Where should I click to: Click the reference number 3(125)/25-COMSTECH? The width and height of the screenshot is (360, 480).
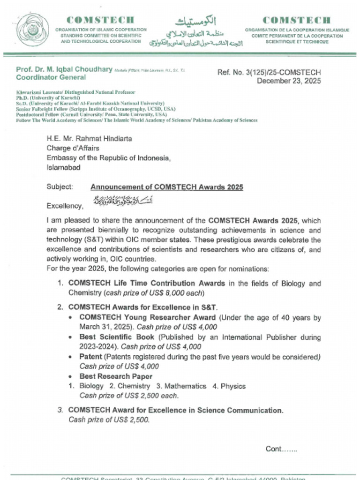click(x=269, y=72)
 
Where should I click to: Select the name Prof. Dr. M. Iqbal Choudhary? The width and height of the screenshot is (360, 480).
click(x=64, y=69)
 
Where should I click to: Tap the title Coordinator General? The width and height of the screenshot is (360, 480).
click(x=51, y=77)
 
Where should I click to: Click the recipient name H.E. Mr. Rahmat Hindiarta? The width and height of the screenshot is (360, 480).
click(x=89, y=138)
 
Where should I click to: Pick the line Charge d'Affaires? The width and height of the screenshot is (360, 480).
click(x=73, y=148)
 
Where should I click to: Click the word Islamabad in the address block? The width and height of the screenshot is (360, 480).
click(x=63, y=168)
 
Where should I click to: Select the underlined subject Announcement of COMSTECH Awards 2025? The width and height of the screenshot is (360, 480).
click(x=166, y=187)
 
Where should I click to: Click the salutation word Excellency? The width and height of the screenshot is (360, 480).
click(x=65, y=206)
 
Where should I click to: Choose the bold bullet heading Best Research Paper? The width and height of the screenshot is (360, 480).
click(x=116, y=376)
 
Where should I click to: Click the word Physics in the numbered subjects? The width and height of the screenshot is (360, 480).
click(x=233, y=386)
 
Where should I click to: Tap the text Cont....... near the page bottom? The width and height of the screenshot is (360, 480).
click(x=281, y=449)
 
